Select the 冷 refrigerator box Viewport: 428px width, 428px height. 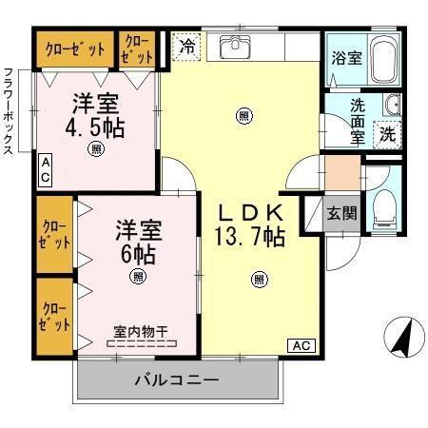pos(186,46)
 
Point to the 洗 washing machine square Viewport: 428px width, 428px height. pos(387,133)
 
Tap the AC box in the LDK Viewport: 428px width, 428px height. pos(300,344)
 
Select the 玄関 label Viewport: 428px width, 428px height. pos(342,212)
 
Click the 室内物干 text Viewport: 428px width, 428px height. pos(141,332)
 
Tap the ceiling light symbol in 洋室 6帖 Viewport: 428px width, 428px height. pos(139,277)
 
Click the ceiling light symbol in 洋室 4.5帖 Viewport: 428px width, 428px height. pos(96,148)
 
